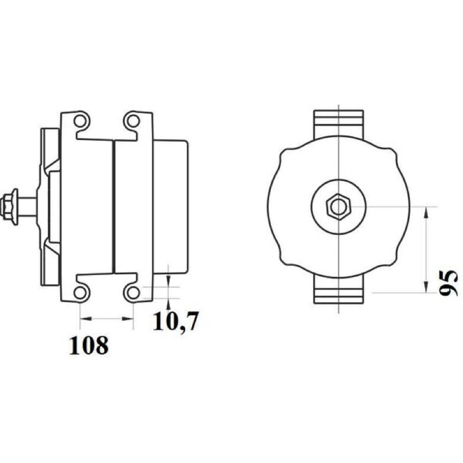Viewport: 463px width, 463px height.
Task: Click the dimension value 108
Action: coord(89,346)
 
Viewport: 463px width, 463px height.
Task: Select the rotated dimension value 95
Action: coord(448,282)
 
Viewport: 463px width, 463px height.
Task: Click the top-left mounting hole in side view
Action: coord(80,121)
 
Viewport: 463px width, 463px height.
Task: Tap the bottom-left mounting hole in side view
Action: coord(80,292)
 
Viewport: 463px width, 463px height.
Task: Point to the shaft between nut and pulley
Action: coord(27,205)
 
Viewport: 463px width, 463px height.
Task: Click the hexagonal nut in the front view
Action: coord(339,207)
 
